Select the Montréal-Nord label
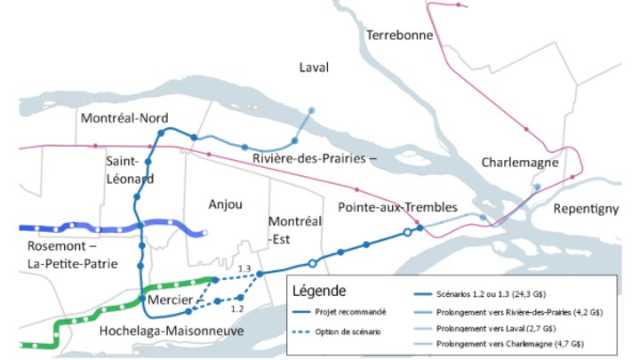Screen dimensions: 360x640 pos(124,118)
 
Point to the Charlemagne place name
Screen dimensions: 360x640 pos(519,164)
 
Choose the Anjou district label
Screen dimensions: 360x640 pos(225,204)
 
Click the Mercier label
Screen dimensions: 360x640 pos(169,301)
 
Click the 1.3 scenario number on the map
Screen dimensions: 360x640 pos(245,268)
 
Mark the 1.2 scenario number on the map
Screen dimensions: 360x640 pos(236,309)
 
